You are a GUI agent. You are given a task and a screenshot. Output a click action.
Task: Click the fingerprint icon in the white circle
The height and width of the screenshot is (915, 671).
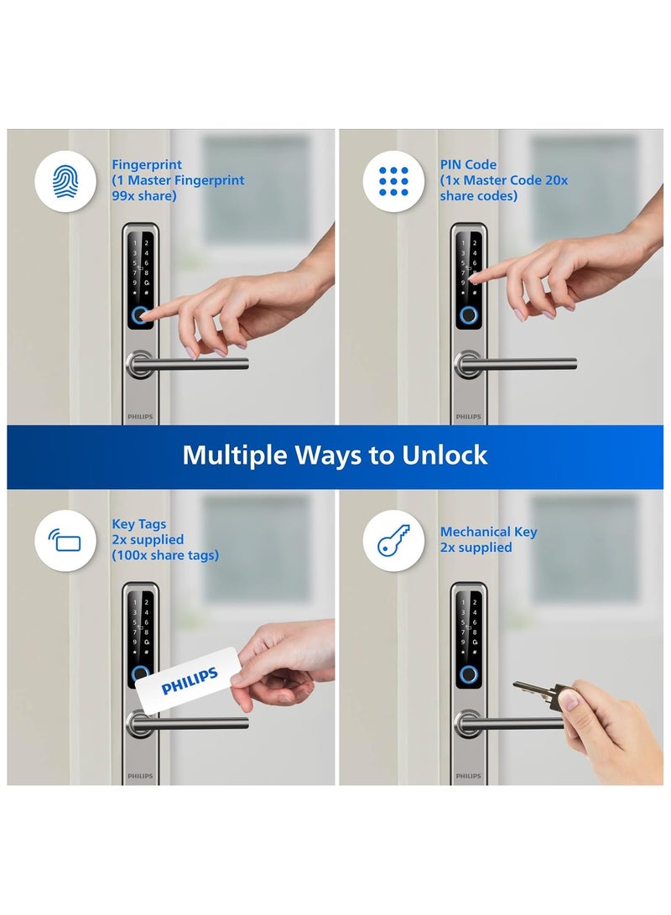tap(64, 180)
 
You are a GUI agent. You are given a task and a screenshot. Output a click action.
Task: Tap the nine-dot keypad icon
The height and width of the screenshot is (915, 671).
tap(393, 180)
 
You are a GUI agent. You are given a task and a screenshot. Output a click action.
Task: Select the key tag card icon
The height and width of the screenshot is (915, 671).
tap(64, 540)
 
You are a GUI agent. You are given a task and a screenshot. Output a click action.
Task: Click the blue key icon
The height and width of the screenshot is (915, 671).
tap(393, 540)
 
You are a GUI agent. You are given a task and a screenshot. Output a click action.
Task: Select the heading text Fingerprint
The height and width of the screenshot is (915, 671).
tap(147, 165)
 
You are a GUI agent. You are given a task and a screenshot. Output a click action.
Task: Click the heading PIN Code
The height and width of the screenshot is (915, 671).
tap(468, 165)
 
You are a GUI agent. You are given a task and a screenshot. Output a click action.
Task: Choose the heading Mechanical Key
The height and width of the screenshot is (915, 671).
tap(488, 532)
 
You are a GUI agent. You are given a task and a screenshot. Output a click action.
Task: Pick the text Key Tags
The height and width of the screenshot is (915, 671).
tap(139, 524)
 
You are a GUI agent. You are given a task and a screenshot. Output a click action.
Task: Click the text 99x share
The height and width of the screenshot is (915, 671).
tap(144, 196)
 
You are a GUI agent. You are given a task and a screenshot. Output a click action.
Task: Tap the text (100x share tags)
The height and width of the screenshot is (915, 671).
tap(165, 555)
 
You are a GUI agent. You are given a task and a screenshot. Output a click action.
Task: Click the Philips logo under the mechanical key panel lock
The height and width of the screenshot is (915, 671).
tap(469, 777)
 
